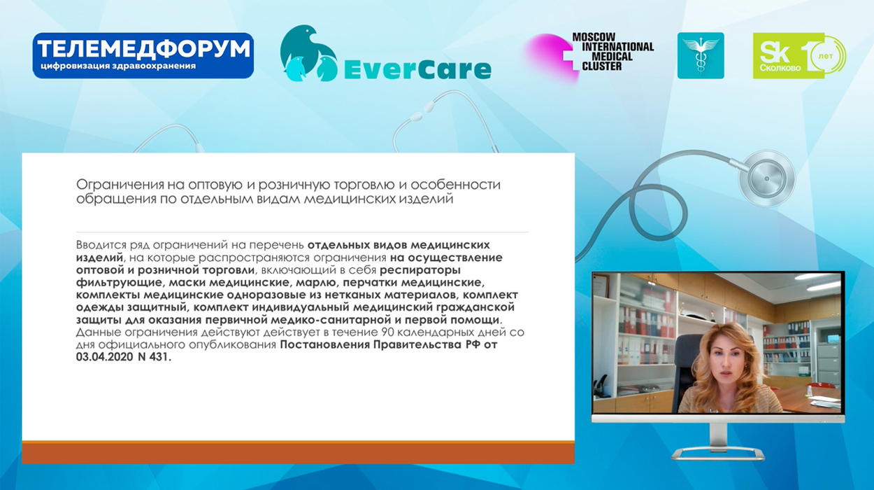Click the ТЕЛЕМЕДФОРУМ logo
click(x=143, y=55)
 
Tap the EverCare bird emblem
click(x=308, y=53)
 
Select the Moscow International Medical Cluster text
click(x=612, y=52)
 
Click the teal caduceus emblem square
click(x=701, y=55)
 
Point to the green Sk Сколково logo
click(x=799, y=55)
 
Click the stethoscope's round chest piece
click(x=767, y=178)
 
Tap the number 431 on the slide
click(x=160, y=357)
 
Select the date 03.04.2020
click(x=105, y=357)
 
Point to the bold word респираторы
click(x=420, y=270)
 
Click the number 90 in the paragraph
click(x=385, y=332)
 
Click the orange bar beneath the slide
click(x=298, y=452)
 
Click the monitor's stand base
click(x=718, y=454)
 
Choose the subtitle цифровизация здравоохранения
click(x=118, y=66)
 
